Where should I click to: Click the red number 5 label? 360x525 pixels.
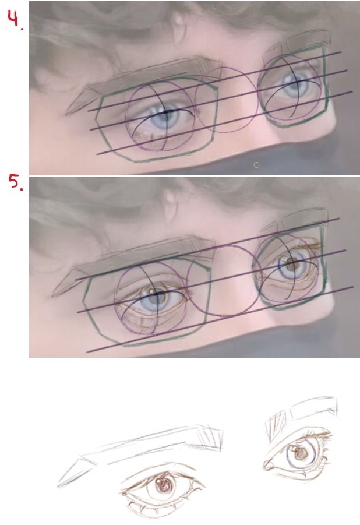click(16, 182)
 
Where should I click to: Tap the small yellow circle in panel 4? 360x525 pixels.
click(256, 165)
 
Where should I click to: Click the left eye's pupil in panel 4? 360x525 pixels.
click(167, 115)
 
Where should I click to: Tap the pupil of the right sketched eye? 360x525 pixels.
click(301, 454)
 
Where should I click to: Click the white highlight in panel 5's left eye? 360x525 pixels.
click(151, 291)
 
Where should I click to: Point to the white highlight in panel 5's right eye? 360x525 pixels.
click(285, 259)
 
